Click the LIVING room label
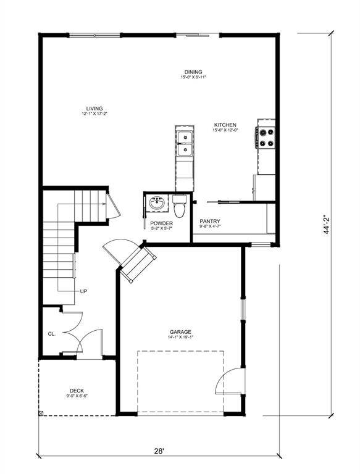pos(94,109)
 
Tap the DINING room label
pos(193,72)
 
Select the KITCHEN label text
pos(225,125)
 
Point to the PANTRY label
pos(211,221)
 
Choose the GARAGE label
pos(181,331)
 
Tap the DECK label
pos(77,390)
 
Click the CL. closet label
pos(52,333)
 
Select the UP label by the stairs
pos(83,291)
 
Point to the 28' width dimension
pos(159,451)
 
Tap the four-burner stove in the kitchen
pos(266,137)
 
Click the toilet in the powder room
pos(180,207)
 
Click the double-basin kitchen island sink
pos(184,143)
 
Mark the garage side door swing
pos(230,383)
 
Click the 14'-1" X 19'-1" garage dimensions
pos(181,337)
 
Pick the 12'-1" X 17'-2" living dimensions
pos(94,114)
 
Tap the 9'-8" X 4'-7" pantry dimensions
pos(211,227)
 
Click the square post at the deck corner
pos(41,412)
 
